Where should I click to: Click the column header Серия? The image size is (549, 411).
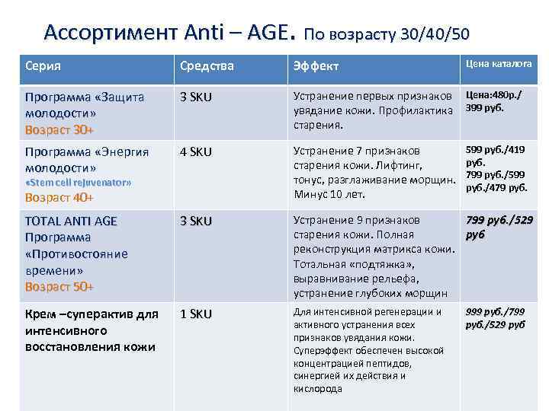point(43,65)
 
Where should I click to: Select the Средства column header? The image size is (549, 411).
point(206,66)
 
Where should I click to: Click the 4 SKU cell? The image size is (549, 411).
point(195,151)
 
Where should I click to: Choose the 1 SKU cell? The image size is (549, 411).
point(195,314)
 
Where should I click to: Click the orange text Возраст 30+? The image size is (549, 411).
point(59,129)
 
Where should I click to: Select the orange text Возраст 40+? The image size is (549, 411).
point(59,198)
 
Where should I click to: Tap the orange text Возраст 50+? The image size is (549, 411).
point(59,287)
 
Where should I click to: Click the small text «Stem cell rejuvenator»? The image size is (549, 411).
point(79,183)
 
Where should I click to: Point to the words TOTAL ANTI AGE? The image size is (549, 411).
point(71,221)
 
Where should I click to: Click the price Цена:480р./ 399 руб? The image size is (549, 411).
point(498,102)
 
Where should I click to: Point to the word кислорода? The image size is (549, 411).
point(318,389)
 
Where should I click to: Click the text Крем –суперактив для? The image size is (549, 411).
point(91,314)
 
